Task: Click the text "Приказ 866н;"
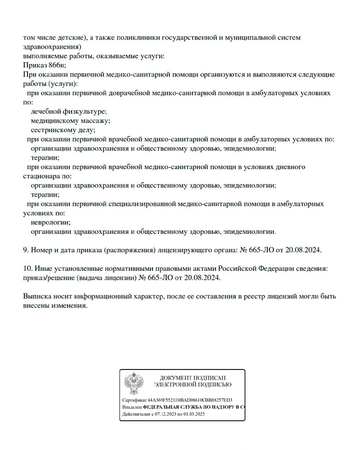tap(44, 65)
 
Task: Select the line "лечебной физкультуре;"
tap(69, 111)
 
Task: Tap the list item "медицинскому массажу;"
tap(71, 121)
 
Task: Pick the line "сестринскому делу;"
tap(63, 130)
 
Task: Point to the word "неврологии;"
tap(51, 222)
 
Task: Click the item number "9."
tap(26, 249)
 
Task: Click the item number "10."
tap(27, 268)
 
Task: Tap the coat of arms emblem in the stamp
tap(134, 383)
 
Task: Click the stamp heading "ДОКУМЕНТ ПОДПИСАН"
tap(193, 378)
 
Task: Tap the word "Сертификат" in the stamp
tap(134, 400)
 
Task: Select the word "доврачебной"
tap(128, 93)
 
